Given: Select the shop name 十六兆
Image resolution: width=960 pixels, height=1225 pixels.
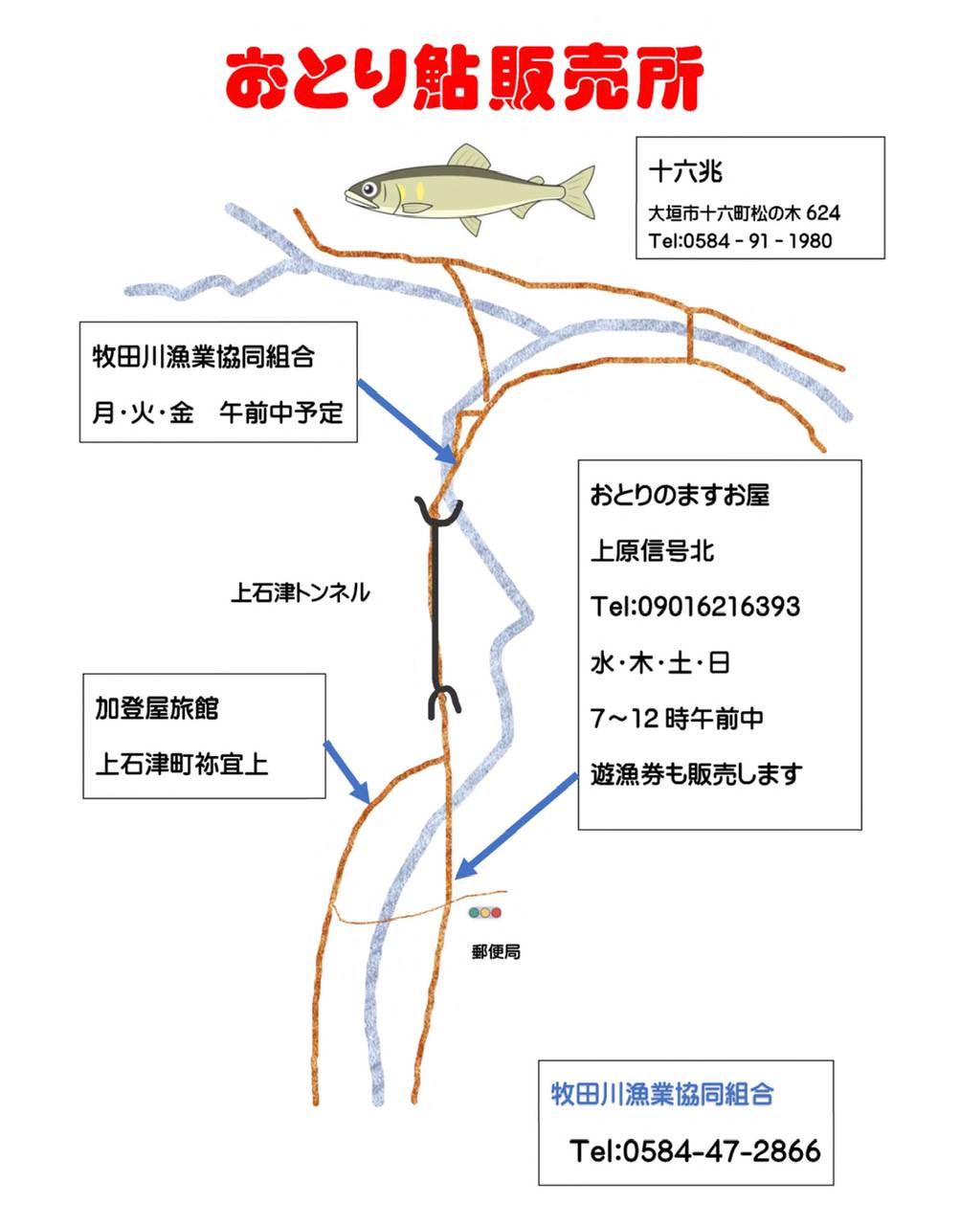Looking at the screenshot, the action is point(685,171).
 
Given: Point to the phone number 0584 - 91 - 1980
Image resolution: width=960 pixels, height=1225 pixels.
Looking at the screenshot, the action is point(755,241).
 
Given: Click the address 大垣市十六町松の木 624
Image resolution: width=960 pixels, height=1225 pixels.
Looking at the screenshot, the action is point(744,213).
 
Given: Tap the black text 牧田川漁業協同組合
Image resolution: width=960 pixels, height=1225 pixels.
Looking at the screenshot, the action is point(203,357).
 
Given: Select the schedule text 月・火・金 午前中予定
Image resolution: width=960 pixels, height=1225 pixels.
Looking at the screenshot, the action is point(217,412).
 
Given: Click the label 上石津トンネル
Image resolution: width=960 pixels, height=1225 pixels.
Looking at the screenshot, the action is point(301,592).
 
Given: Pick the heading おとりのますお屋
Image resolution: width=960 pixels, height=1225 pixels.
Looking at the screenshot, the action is point(680,496).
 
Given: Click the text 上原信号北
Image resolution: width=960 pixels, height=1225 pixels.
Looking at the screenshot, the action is point(652,550).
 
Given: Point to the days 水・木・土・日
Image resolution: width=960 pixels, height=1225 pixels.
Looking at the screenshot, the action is point(660,663).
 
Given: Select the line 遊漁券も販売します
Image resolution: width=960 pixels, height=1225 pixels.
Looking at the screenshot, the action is point(696,774).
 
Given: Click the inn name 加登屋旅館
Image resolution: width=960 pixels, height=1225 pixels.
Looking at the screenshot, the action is point(157,708).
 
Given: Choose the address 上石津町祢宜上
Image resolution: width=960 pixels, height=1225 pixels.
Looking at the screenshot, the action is point(182,765).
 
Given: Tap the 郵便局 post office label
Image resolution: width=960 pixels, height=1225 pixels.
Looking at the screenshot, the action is point(496,952).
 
